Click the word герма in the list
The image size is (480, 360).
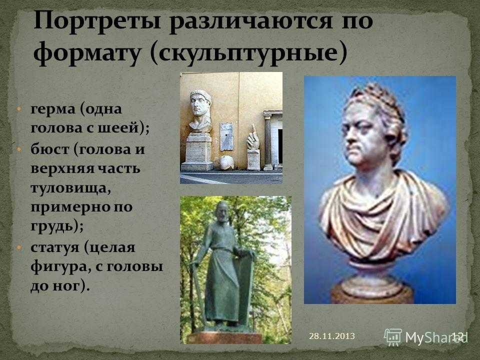tap(52, 109)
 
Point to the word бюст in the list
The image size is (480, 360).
tap(49, 149)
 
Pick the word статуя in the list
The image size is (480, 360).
tap(55, 247)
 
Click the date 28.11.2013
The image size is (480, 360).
tap(332, 336)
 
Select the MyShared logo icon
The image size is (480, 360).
tap(392, 337)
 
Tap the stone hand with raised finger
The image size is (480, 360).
tap(253, 138)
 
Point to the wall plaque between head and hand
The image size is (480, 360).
tap(226, 136)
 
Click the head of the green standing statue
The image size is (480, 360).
tap(221, 211)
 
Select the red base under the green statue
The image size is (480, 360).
tap(224, 337)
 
